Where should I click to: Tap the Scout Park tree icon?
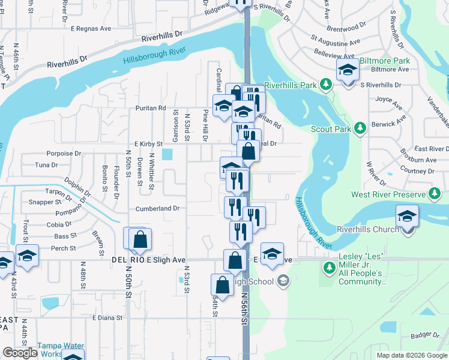360,128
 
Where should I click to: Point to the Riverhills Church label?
368,229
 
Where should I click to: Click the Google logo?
19,352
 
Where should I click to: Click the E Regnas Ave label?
91,28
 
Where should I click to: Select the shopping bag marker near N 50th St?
139,239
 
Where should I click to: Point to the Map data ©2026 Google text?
412,355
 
